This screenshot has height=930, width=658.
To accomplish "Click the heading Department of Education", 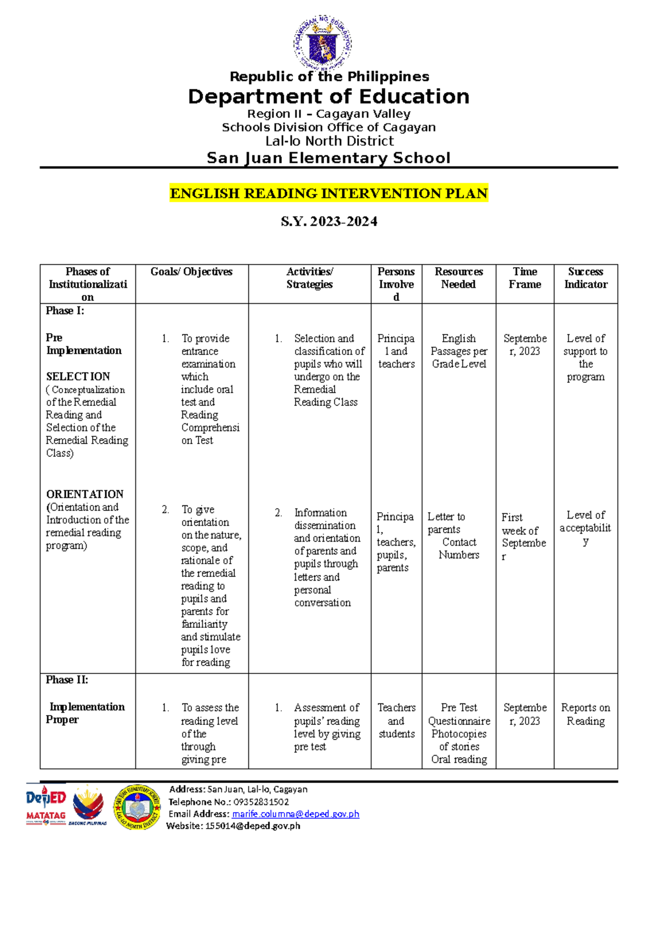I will (x=328, y=97).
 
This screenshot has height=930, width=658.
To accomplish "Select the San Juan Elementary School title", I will (x=328, y=158).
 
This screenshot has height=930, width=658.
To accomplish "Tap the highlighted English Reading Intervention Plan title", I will (x=328, y=194).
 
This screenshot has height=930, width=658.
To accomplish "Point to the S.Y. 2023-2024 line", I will (x=328, y=222).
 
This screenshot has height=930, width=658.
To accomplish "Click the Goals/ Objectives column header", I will (x=191, y=272).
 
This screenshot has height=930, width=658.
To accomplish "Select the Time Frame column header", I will (x=525, y=278).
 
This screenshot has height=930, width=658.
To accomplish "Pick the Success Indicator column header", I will (x=586, y=278).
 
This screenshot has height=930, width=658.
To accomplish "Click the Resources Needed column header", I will (x=458, y=278).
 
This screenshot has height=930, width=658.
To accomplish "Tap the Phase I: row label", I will (x=65, y=311).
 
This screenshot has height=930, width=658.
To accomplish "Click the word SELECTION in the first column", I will (x=78, y=377).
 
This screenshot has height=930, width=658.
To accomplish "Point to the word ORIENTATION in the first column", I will (x=84, y=494).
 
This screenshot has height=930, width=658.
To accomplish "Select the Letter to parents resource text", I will (x=446, y=523).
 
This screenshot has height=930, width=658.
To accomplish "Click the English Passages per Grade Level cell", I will (x=458, y=351).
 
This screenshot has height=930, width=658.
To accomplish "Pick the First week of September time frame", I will (x=523, y=536).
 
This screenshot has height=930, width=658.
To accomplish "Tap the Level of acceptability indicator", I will (x=585, y=528).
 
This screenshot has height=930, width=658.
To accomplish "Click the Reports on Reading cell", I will (x=585, y=714).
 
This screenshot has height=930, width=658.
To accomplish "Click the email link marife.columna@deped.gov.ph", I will (x=296, y=814).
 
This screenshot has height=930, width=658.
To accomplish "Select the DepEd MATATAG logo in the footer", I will (x=46, y=806).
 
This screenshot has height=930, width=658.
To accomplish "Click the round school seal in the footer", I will (x=137, y=807).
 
